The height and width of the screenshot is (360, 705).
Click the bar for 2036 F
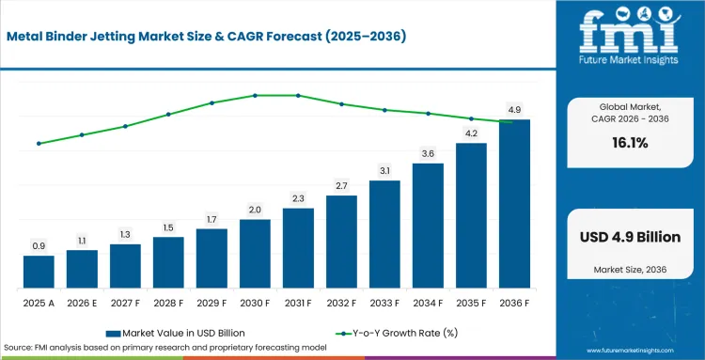click(514, 204)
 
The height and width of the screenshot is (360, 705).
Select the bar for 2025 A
click(39, 272)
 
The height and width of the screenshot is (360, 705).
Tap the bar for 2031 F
click(298, 248)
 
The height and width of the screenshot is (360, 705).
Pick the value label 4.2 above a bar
click(471, 133)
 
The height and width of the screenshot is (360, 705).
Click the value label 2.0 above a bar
click(255, 210)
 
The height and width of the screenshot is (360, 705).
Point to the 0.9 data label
click(39, 246)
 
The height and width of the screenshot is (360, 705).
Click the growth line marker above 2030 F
click(255, 95)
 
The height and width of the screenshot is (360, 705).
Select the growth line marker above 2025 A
click(39, 144)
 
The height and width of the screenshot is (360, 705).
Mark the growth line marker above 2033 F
click(384, 110)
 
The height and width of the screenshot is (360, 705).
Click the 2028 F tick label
click(168, 304)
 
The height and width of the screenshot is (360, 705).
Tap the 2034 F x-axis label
click(428, 304)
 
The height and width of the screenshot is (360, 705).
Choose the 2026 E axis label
click(82, 304)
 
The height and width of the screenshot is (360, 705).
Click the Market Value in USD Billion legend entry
click(176, 333)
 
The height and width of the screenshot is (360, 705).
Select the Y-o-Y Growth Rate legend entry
click(397, 333)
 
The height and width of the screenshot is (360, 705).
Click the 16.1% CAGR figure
click(630, 143)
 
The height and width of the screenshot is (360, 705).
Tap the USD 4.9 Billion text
click(630, 237)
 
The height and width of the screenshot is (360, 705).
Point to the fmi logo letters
click(630, 34)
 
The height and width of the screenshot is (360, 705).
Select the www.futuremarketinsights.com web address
click(630, 351)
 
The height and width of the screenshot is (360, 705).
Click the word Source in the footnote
click(16, 348)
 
